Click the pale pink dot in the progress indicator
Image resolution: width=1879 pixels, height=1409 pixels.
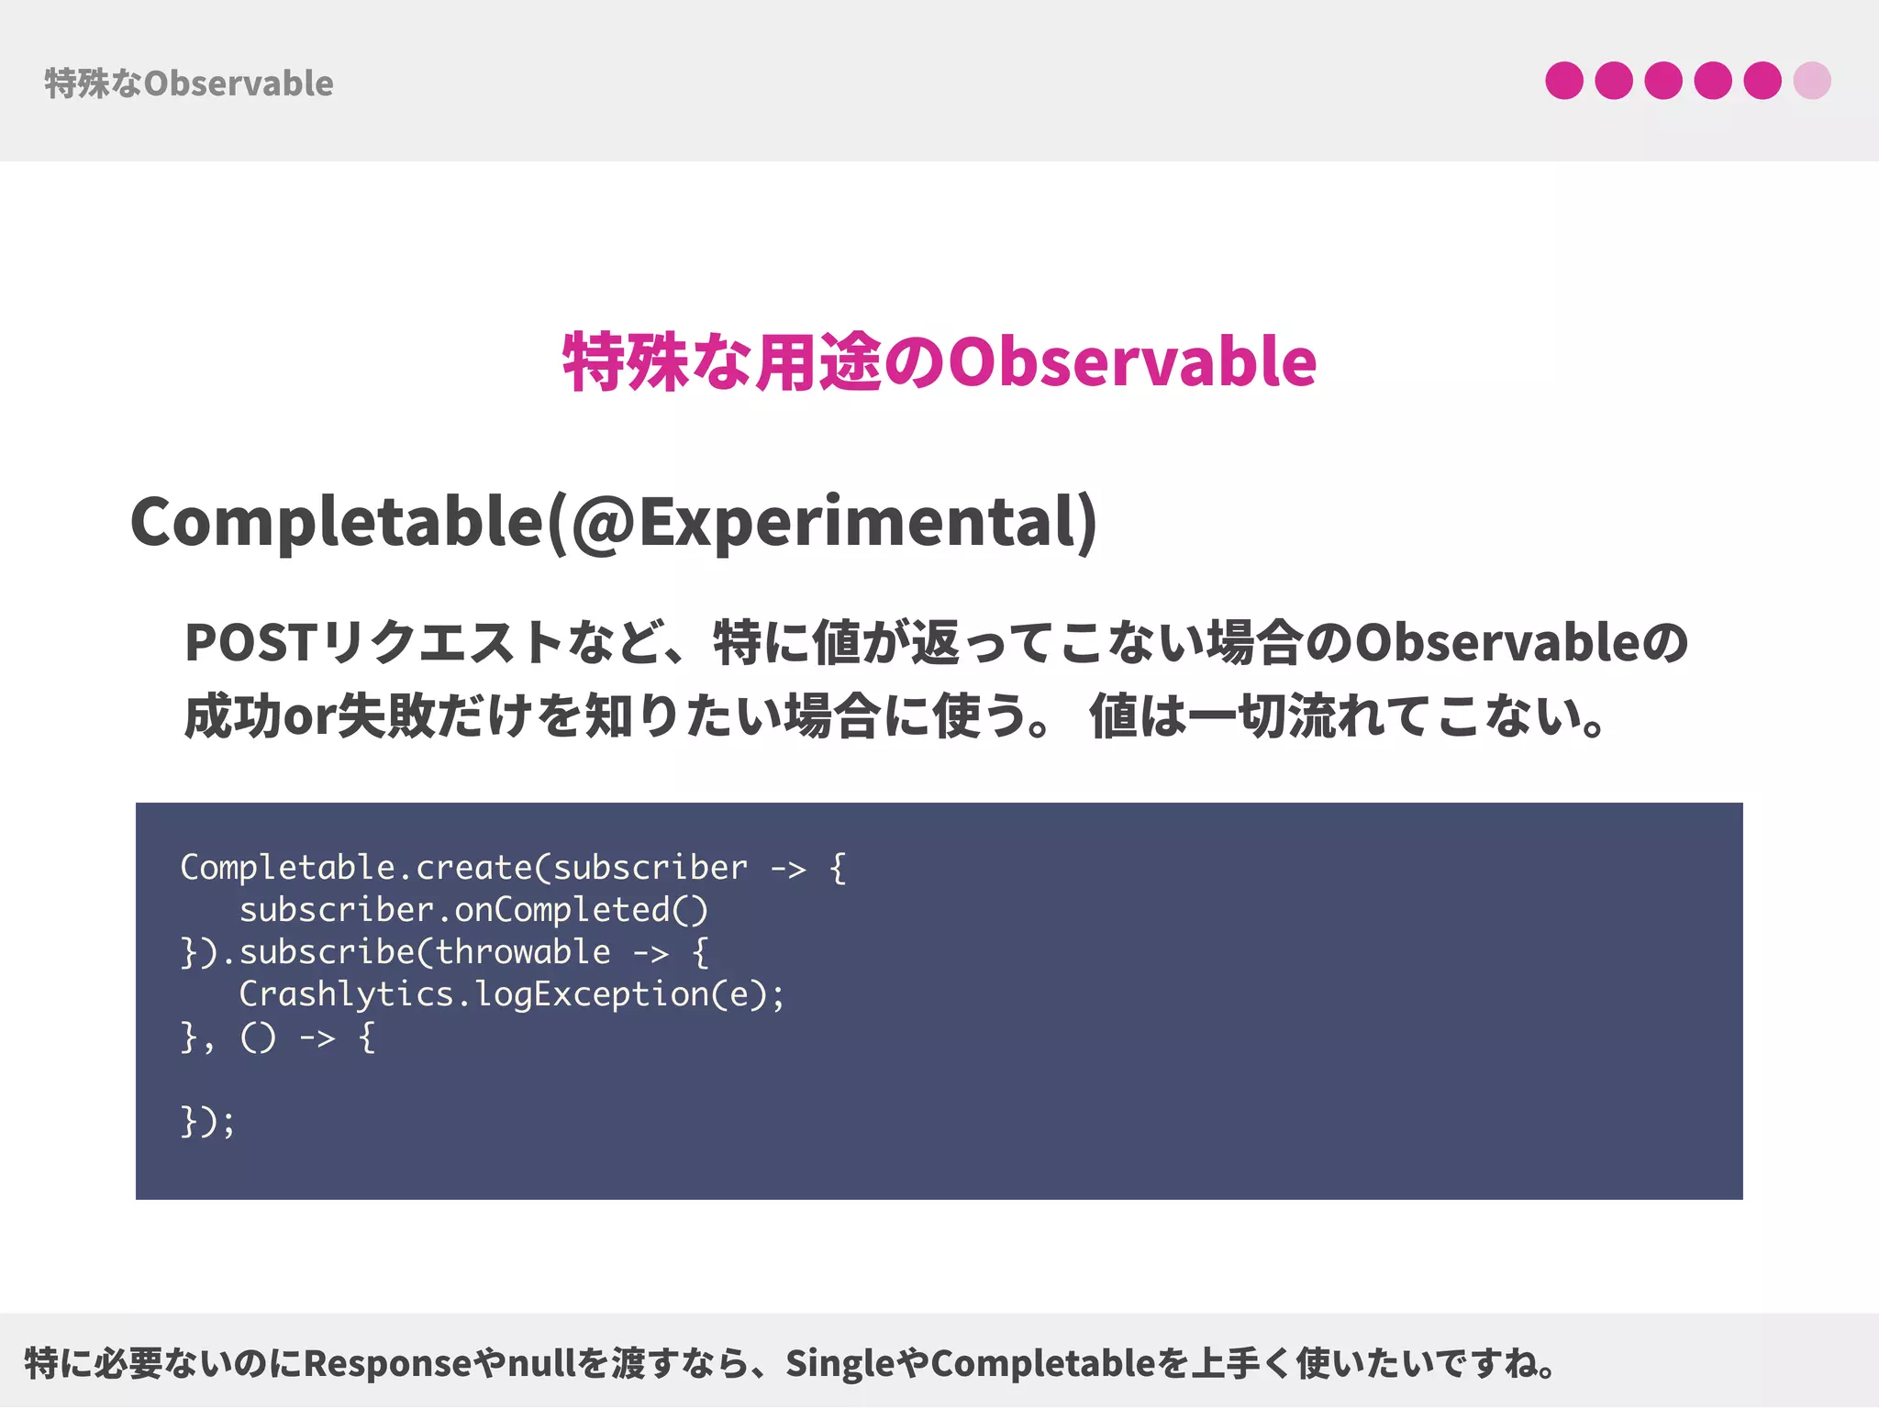point(1811,81)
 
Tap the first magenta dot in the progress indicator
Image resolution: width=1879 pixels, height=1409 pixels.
point(1563,81)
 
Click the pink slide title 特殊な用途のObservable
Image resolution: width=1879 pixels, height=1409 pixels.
point(939,362)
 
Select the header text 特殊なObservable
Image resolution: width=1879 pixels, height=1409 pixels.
point(189,83)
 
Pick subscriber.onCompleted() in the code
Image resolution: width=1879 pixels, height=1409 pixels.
point(473,910)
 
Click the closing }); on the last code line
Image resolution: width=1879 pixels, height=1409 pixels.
point(207,1121)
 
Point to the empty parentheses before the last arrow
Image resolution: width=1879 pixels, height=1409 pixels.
point(258,1037)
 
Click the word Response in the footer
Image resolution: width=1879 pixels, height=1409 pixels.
point(388,1364)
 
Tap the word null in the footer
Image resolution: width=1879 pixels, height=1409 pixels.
point(544,1364)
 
